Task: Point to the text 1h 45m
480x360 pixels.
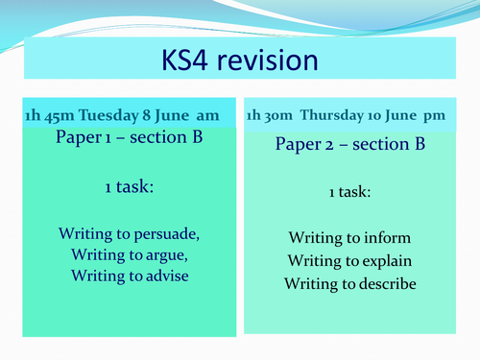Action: tap(48, 116)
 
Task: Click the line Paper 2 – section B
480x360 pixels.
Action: tap(349, 145)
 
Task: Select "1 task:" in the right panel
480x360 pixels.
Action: tap(349, 192)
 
